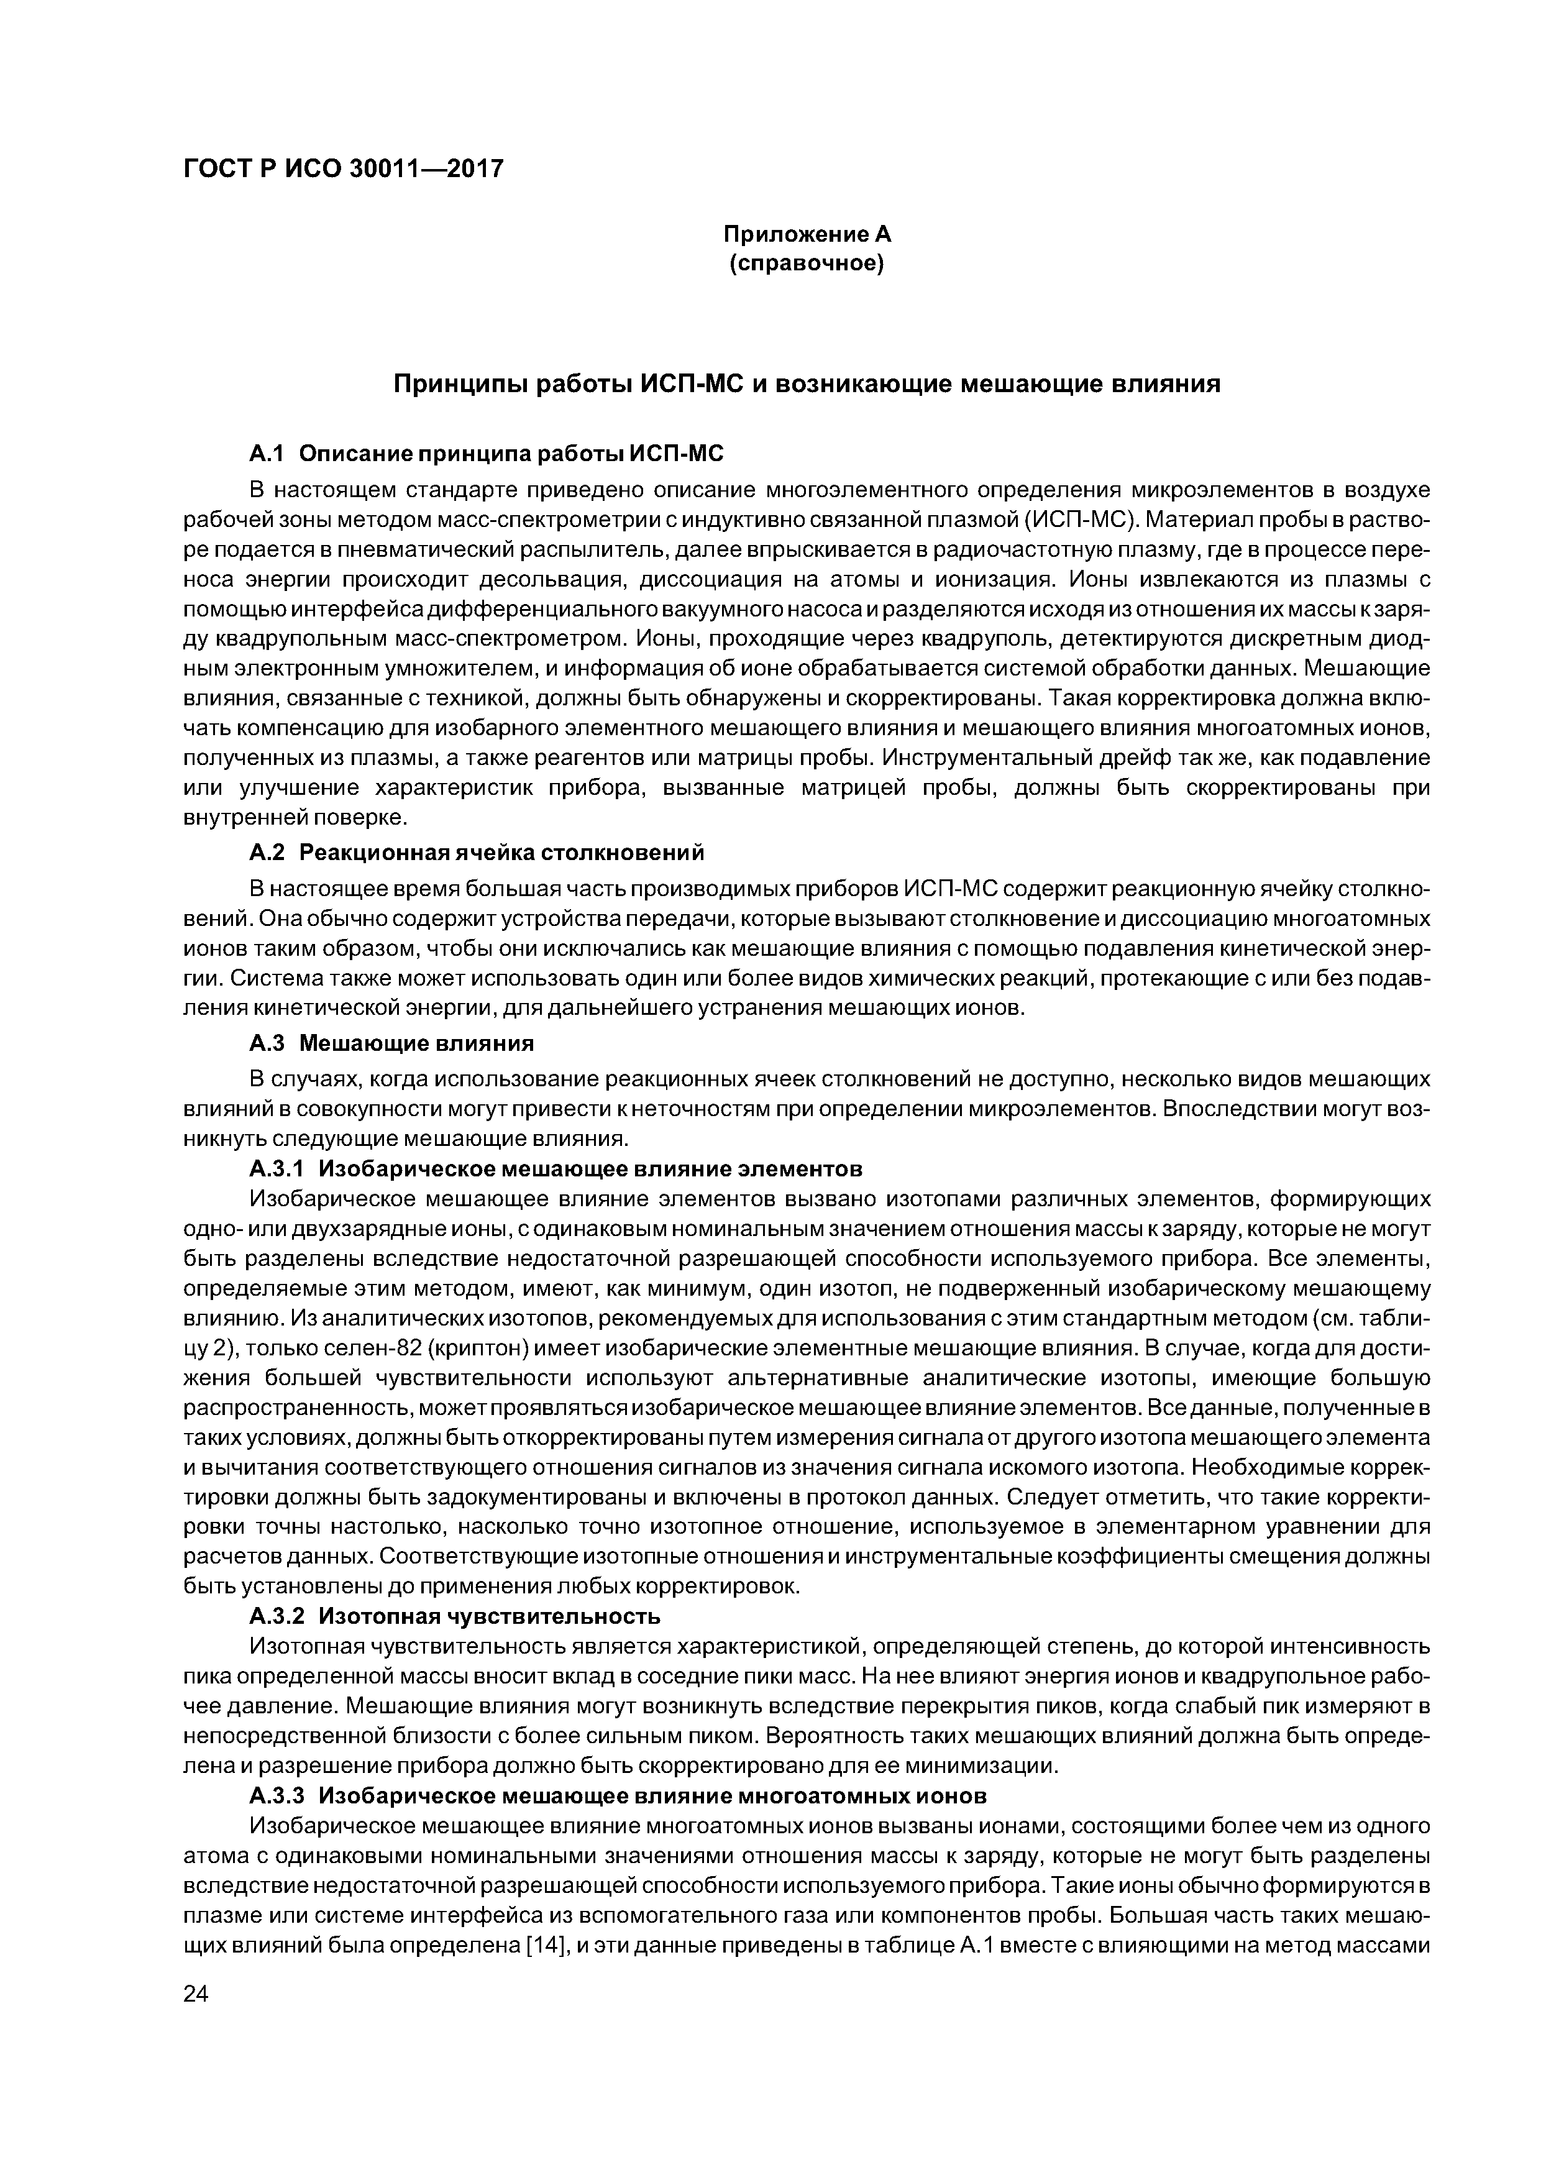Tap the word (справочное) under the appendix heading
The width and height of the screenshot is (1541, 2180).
(x=806, y=263)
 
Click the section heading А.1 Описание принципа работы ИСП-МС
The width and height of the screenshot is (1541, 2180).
(x=486, y=454)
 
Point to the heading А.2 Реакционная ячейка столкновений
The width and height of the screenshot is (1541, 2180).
(x=477, y=853)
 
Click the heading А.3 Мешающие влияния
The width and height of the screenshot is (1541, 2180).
(x=391, y=1043)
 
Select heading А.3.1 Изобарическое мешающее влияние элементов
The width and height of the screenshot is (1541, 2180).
(x=556, y=1167)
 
